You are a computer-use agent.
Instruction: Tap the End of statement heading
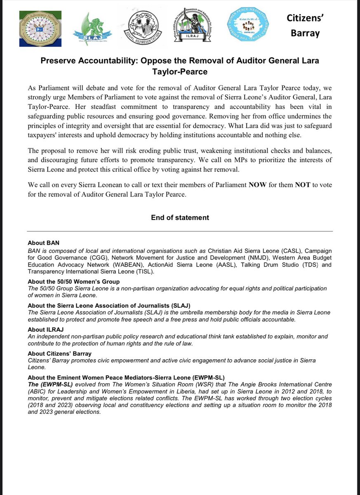[x=180, y=217]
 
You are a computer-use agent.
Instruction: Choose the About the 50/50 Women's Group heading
[x=68, y=282]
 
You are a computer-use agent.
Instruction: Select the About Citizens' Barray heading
[x=59, y=354]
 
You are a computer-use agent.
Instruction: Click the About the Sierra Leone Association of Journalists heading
[x=109, y=306]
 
